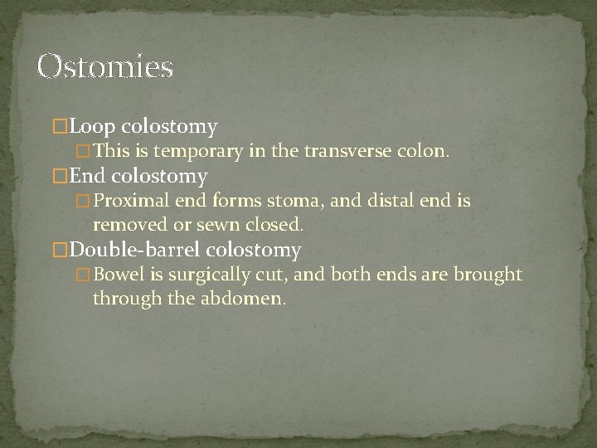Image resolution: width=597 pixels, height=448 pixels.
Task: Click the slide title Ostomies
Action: click(x=105, y=66)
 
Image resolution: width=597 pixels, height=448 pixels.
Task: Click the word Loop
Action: click(x=94, y=127)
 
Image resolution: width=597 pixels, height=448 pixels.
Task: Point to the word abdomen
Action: click(x=246, y=297)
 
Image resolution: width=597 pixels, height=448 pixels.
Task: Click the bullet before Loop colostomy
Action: click(x=59, y=128)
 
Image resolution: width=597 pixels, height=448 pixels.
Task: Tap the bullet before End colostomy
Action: click(x=59, y=177)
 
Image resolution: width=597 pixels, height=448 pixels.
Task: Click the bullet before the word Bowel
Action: click(x=82, y=275)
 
